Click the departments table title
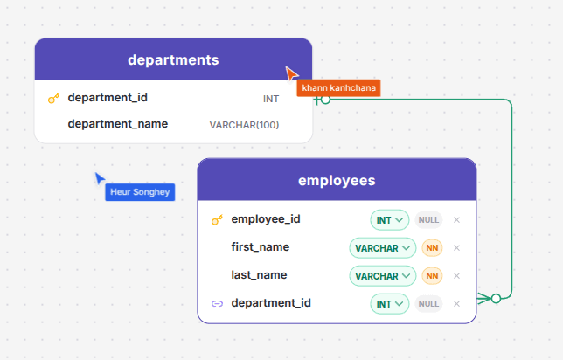[x=173, y=60]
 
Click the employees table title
[x=337, y=181]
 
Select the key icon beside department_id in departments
[x=53, y=99]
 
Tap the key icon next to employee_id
[x=217, y=219]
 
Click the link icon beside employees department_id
[x=217, y=304]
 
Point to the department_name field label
[x=118, y=124]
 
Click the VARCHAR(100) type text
[x=244, y=125]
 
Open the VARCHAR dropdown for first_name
[x=382, y=248]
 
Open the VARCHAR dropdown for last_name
[x=382, y=276]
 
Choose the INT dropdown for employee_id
[x=390, y=220]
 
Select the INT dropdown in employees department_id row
[x=390, y=304]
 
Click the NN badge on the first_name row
[x=432, y=248]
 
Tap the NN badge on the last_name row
[x=432, y=276]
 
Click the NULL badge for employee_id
[x=428, y=220]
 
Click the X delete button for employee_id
[x=456, y=220]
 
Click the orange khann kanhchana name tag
[x=338, y=88]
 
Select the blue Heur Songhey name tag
[x=140, y=192]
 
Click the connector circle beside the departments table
[x=326, y=100]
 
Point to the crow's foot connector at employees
[x=483, y=298]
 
